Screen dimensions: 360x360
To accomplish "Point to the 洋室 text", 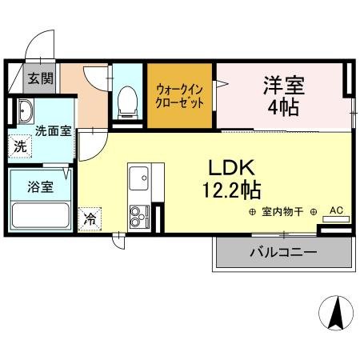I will (x=285, y=82).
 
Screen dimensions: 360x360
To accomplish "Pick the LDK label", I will (x=231, y=168).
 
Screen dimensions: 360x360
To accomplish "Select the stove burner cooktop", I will (x=140, y=214).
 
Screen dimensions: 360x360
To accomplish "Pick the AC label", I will (x=335, y=210).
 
